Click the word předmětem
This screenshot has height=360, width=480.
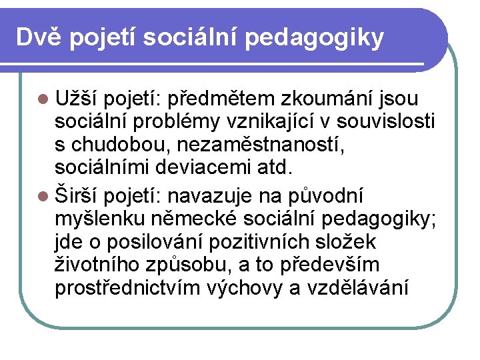coord(221,99)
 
